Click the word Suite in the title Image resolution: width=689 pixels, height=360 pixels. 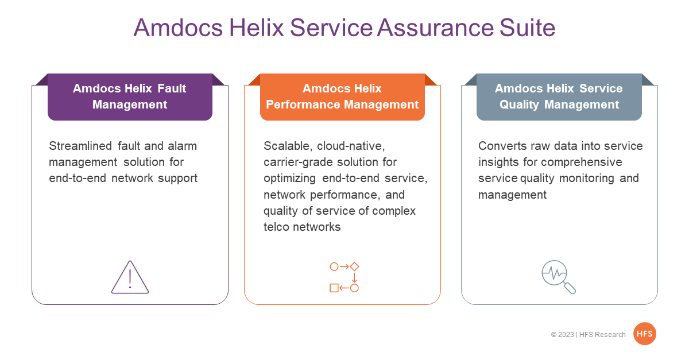(x=527, y=28)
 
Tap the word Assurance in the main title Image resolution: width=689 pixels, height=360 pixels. (x=436, y=28)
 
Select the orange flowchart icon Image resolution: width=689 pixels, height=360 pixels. (x=344, y=277)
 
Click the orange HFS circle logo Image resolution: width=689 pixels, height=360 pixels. (x=645, y=334)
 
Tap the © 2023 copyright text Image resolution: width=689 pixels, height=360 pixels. (x=562, y=335)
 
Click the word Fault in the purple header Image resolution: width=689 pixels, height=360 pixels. (x=172, y=88)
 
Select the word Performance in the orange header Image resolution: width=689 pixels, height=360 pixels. (x=303, y=104)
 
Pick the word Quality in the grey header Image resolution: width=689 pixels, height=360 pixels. (x=519, y=105)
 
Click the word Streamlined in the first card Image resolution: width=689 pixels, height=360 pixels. (x=80, y=146)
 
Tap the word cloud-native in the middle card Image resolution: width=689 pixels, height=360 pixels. (x=351, y=146)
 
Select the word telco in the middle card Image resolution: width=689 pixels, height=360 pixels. (x=276, y=227)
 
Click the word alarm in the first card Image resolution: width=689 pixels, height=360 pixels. (x=183, y=146)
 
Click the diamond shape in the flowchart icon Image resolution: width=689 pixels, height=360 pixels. (x=354, y=266)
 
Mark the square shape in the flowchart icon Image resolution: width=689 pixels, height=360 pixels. (x=334, y=288)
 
